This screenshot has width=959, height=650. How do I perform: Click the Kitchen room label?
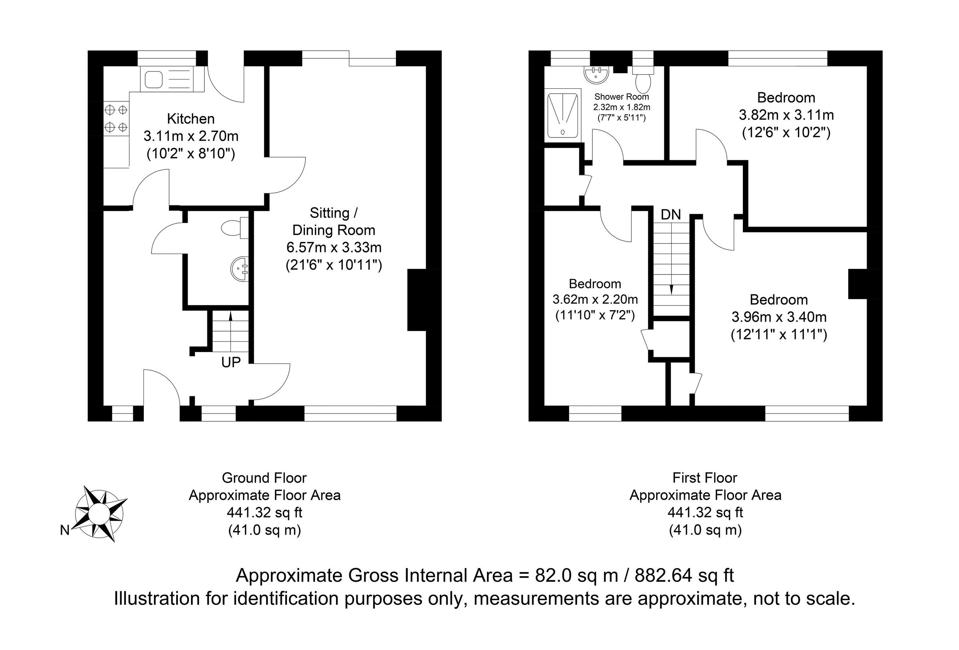[191, 119]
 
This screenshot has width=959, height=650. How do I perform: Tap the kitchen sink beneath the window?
[167, 80]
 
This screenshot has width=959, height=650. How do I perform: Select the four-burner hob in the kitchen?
[116, 118]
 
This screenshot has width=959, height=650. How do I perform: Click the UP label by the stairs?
[231, 362]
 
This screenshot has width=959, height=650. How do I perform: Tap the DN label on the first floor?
[671, 215]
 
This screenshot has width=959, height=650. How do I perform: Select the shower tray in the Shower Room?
[562, 115]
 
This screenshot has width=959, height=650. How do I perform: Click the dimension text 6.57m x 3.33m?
[334, 248]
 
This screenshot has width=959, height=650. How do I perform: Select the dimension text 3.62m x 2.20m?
[595, 299]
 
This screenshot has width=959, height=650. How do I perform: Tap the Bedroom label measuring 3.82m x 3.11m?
[786, 98]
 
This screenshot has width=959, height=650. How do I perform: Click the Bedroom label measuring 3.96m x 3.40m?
[779, 300]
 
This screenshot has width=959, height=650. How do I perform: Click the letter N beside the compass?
[65, 530]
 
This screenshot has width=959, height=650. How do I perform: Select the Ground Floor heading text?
[264, 478]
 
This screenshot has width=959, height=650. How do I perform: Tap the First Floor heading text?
[705, 478]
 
